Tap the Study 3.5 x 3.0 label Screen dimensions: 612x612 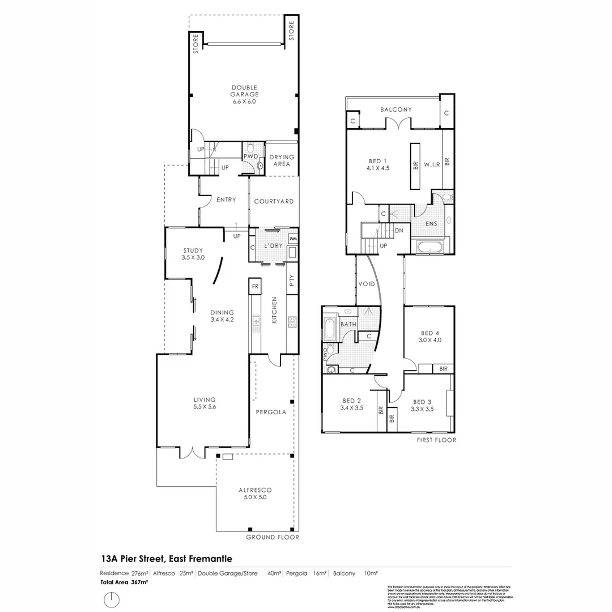pyautogui.click(x=193, y=254)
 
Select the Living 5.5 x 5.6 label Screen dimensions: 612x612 pyautogui.click(x=205, y=403)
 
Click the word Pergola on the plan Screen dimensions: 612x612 pyautogui.click(x=270, y=412)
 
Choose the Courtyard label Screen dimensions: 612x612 pyautogui.click(x=274, y=201)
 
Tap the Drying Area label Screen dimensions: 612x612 pyautogui.click(x=282, y=160)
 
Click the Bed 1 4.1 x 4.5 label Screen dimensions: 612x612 pyautogui.click(x=378, y=164)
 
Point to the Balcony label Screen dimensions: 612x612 pyautogui.click(x=396, y=109)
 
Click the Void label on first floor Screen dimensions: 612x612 pyautogui.click(x=367, y=283)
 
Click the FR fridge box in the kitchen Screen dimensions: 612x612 pyautogui.click(x=255, y=287)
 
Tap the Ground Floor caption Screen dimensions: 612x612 pyautogui.click(x=272, y=537)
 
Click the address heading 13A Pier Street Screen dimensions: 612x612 pyautogui.click(x=167, y=559)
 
